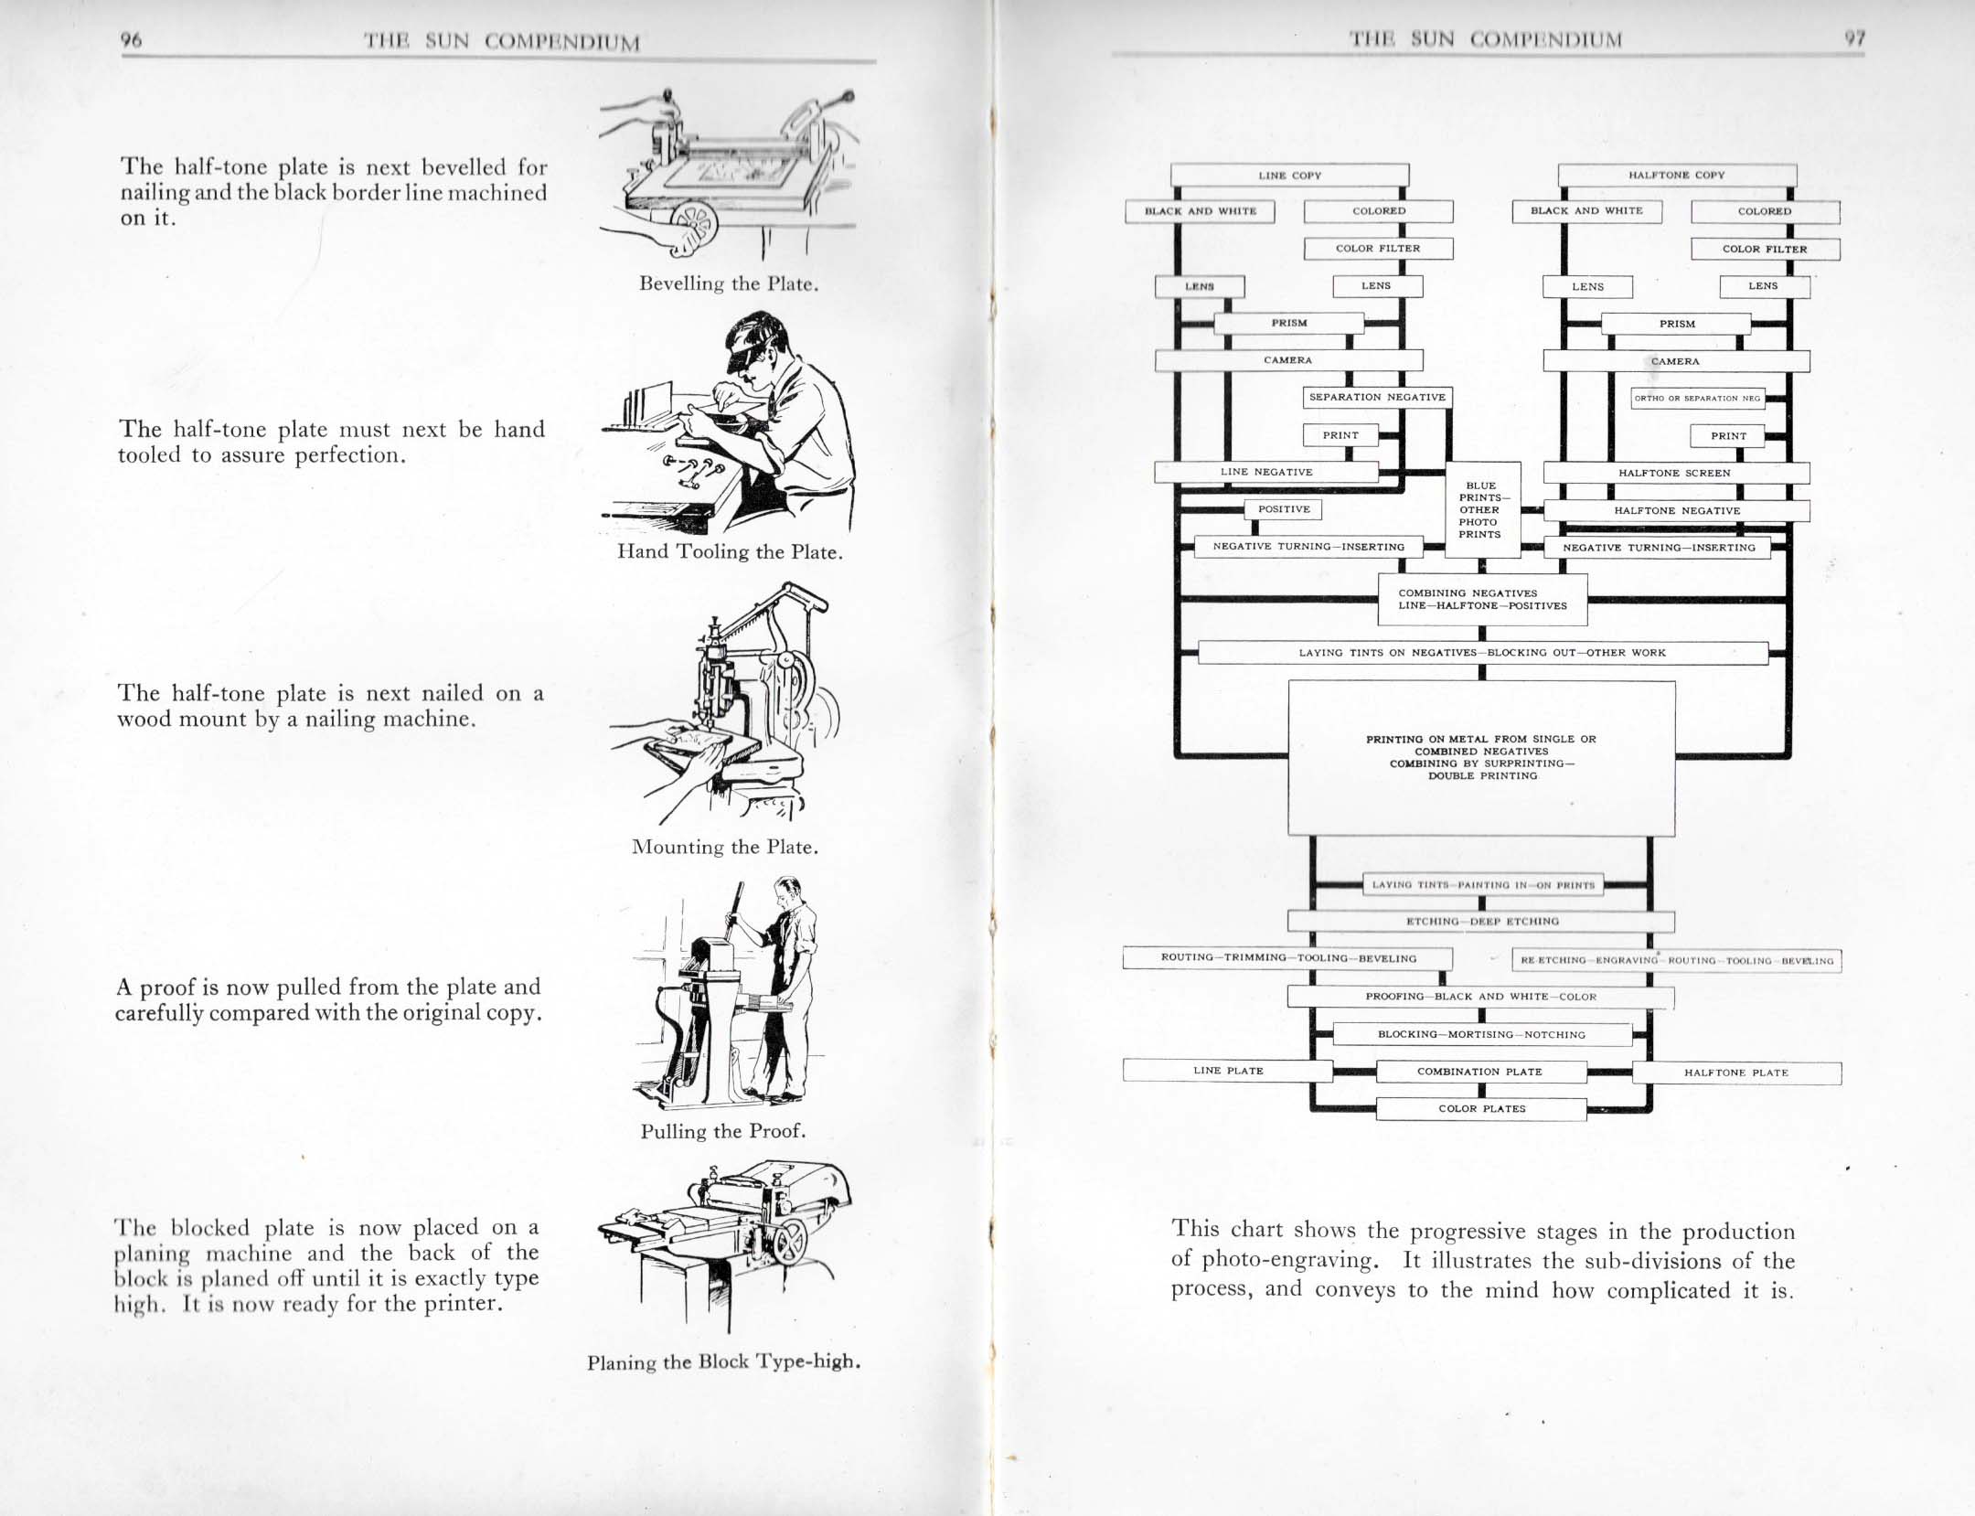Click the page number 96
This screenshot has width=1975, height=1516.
click(132, 39)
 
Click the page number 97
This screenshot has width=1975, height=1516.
click(1853, 38)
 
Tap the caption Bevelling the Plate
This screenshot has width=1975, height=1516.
click(728, 283)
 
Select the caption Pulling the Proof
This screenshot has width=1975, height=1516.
click(722, 1131)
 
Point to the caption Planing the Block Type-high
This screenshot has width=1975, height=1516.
click(723, 1362)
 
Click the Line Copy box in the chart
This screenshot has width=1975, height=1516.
click(1289, 175)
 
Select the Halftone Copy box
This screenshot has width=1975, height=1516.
click(1676, 175)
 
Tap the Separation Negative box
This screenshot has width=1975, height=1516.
click(1377, 398)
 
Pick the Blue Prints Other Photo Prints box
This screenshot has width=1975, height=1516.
click(1480, 509)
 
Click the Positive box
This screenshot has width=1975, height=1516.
click(1284, 509)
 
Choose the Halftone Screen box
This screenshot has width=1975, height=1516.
click(1675, 473)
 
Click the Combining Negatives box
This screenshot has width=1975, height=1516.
click(1482, 599)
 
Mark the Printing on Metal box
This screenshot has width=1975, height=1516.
click(1481, 757)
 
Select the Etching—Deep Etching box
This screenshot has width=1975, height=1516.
click(1481, 921)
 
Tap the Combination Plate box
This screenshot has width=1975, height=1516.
click(1480, 1072)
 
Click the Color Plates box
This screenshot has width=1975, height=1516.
click(1481, 1108)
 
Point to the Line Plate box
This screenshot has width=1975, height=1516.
click(1227, 1070)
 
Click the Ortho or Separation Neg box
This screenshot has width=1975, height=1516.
click(1697, 398)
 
